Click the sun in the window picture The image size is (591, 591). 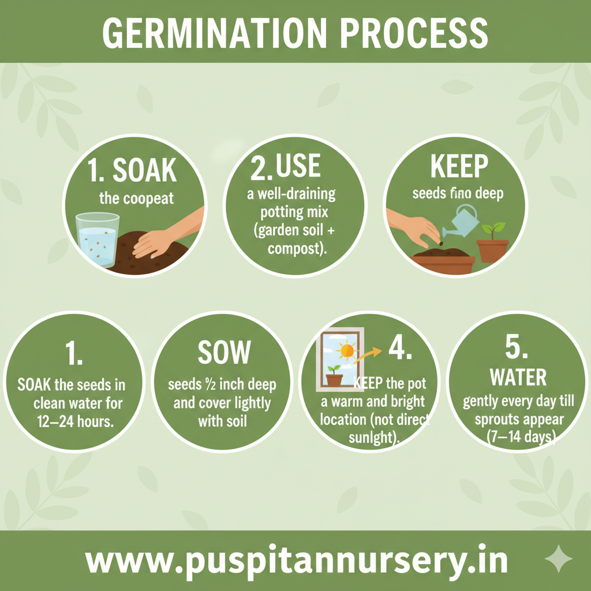[x=347, y=350]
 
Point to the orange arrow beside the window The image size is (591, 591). [x=369, y=353]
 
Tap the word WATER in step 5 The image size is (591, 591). [x=518, y=378]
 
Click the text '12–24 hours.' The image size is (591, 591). [x=73, y=421]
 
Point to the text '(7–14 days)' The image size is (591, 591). [x=518, y=437]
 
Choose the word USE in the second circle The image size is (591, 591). [x=298, y=166]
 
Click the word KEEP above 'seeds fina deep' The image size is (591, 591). [x=459, y=166]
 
